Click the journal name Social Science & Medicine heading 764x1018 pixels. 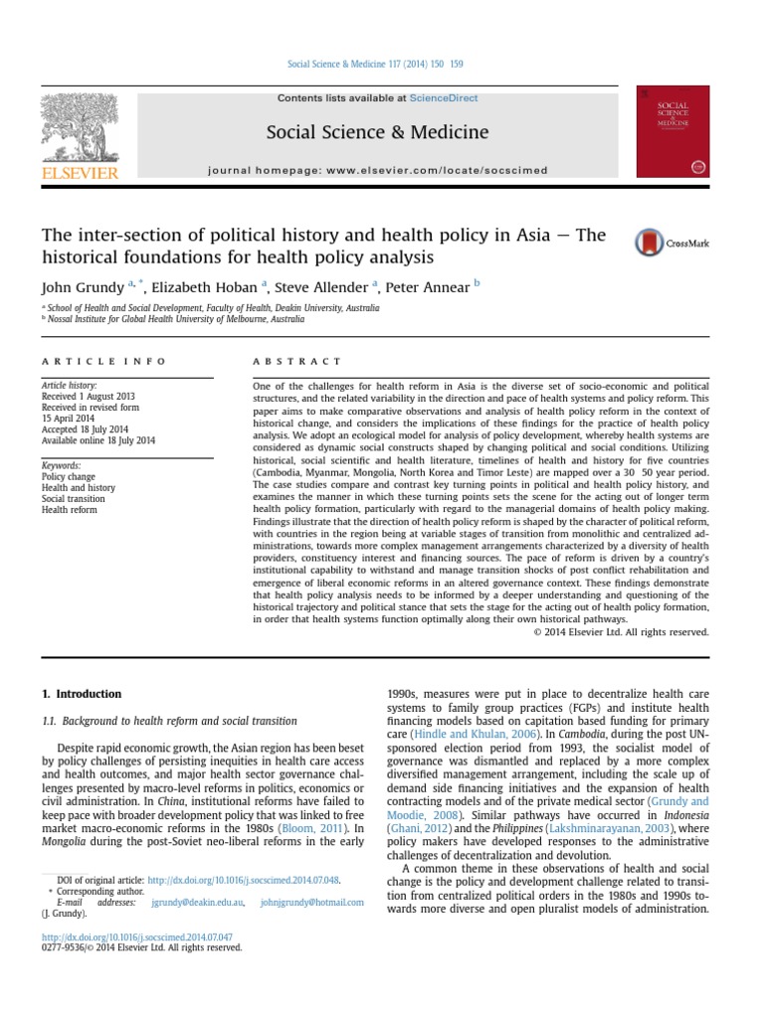(376, 132)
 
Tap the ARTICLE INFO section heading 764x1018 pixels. (103, 362)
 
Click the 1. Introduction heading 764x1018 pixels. (82, 694)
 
